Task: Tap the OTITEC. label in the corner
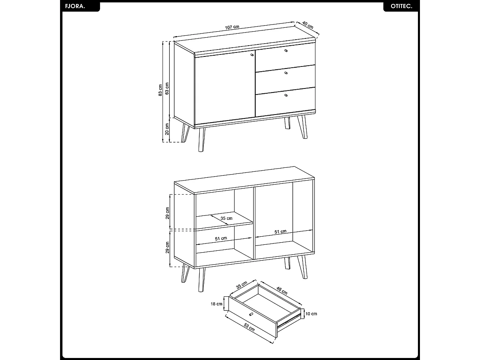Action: pyautogui.click(x=401, y=7)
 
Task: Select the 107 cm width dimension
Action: pyautogui.click(x=232, y=28)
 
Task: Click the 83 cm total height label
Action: pyautogui.click(x=161, y=91)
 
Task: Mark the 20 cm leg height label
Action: pyautogui.click(x=167, y=129)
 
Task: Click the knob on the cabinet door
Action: pyautogui.click(x=252, y=55)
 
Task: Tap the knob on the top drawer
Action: pyautogui.click(x=286, y=51)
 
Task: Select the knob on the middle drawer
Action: pyautogui.click(x=286, y=73)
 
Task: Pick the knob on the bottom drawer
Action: pyautogui.click(x=286, y=95)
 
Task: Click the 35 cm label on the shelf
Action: pyautogui.click(x=226, y=218)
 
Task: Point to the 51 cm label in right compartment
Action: pyautogui.click(x=280, y=232)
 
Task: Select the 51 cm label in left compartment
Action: pyautogui.click(x=221, y=239)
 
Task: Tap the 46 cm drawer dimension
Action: pyautogui.click(x=282, y=290)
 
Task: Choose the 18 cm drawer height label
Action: pyautogui.click(x=216, y=304)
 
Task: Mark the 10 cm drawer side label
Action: pyautogui.click(x=311, y=314)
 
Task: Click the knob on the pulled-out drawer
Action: pyautogui.click(x=251, y=314)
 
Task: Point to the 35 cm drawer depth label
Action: pyautogui.click(x=242, y=286)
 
